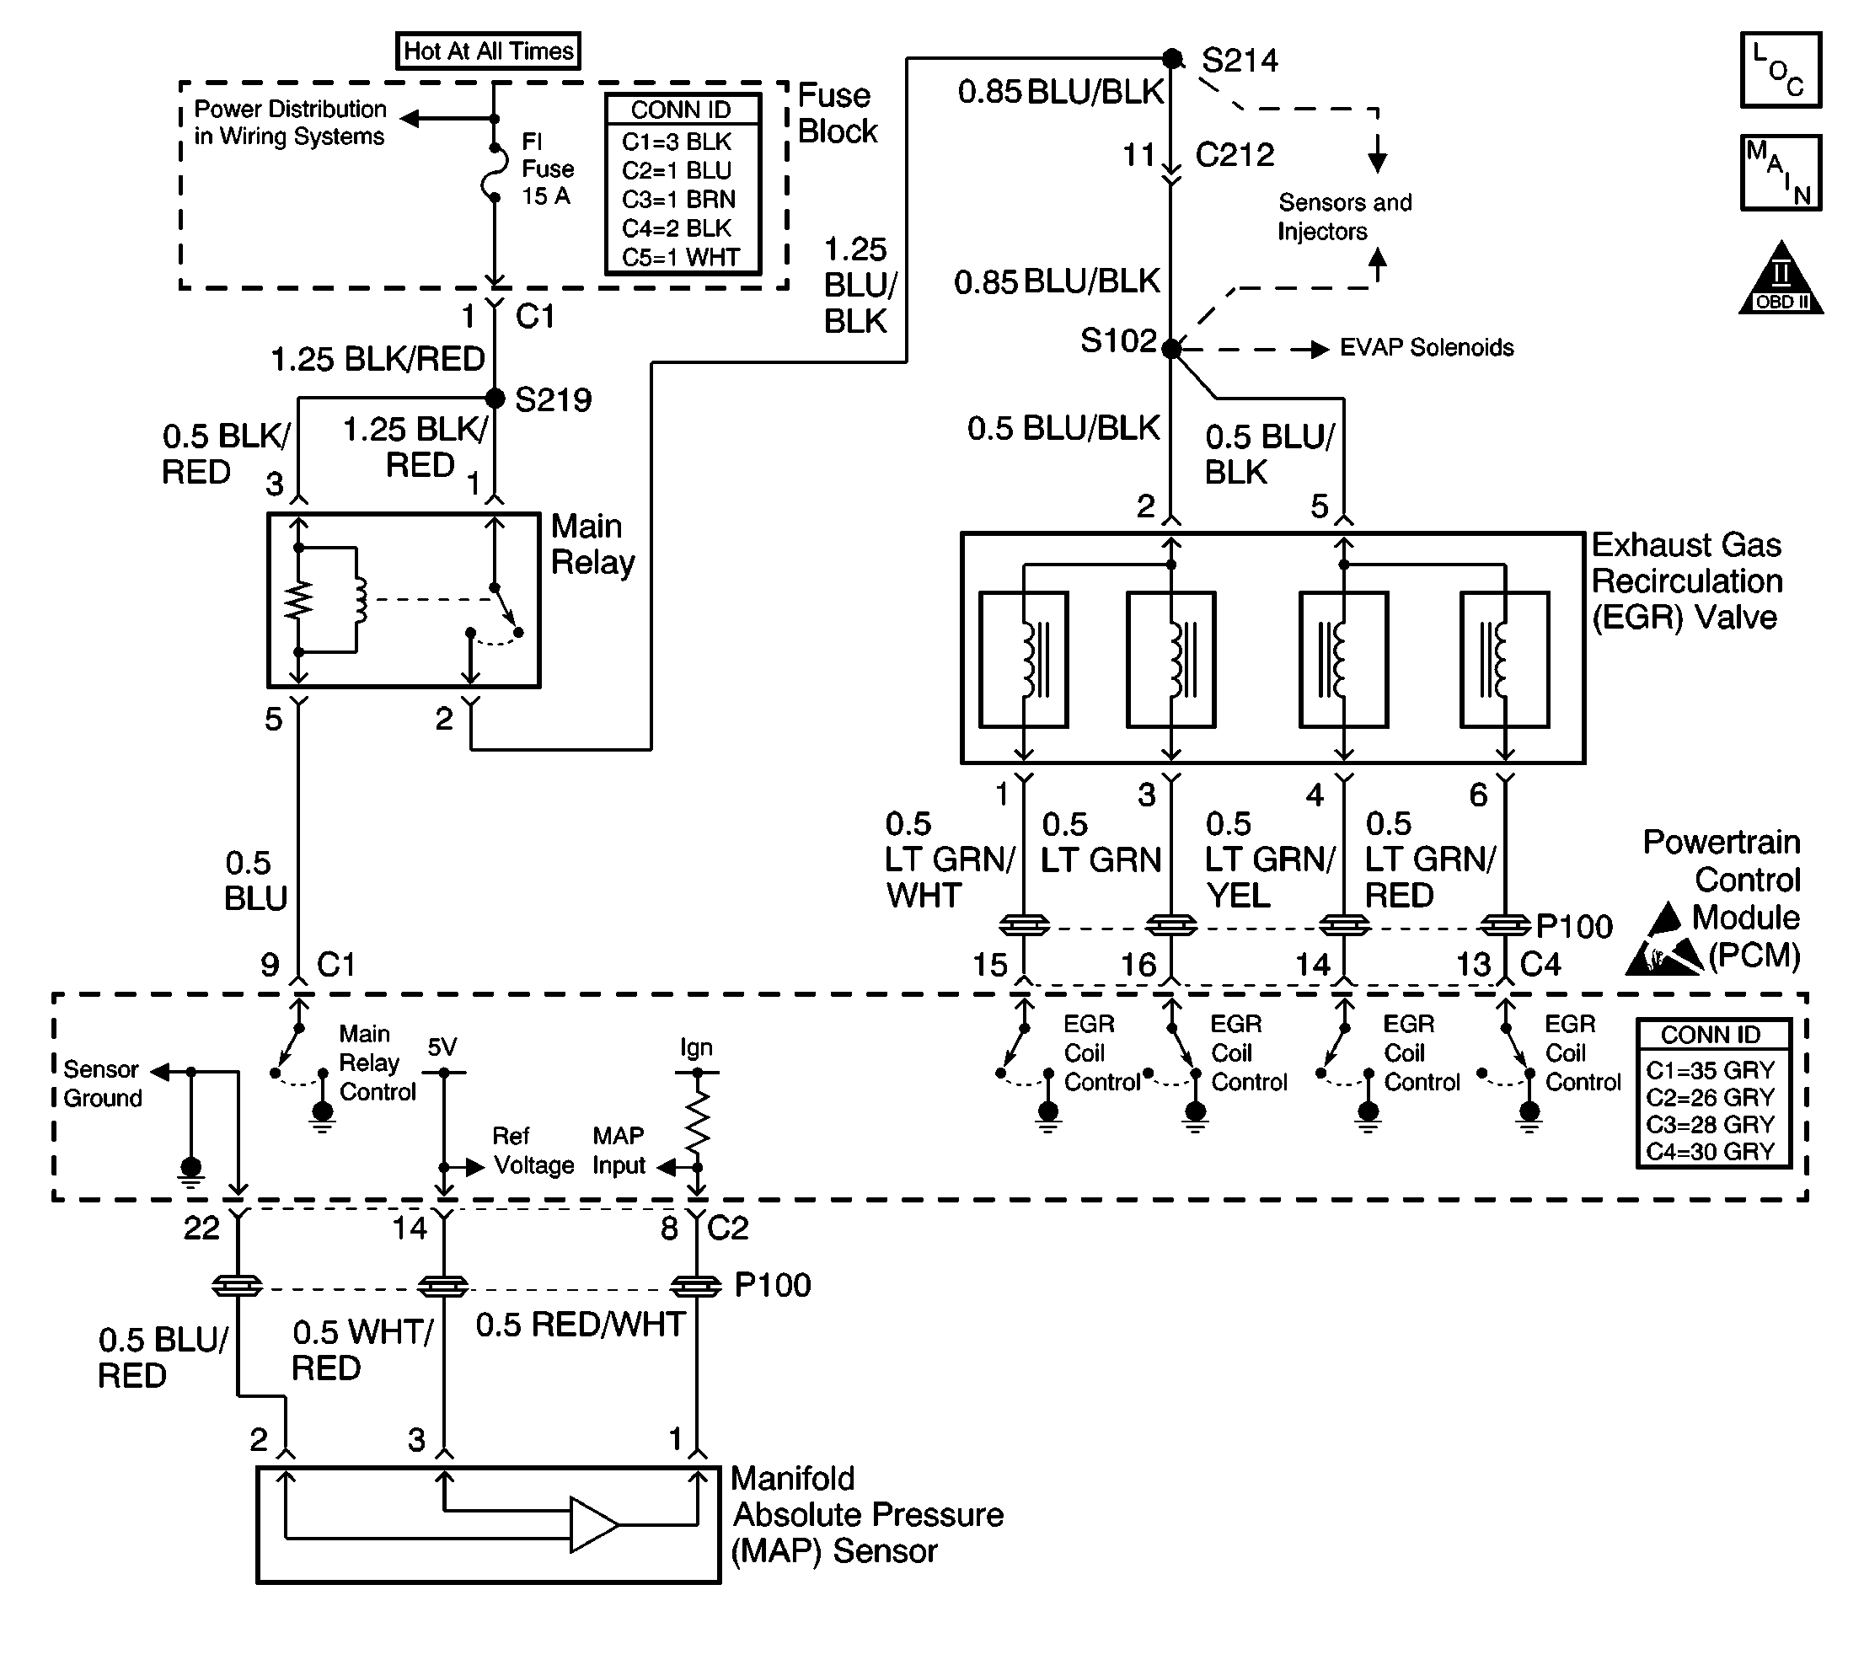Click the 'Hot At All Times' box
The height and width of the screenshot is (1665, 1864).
point(488,51)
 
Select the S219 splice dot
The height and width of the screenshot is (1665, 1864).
point(494,398)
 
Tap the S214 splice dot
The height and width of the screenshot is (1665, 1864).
point(1172,58)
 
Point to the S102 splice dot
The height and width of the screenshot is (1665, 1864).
point(1171,349)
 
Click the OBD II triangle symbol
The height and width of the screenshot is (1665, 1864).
point(1781,279)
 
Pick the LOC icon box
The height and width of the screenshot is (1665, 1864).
point(1781,71)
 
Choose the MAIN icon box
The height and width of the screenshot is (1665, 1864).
point(1781,173)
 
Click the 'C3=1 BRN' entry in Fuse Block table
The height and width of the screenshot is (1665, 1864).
point(678,200)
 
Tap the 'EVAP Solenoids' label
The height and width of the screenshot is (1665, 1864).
point(1427,348)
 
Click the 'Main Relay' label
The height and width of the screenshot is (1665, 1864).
point(592,544)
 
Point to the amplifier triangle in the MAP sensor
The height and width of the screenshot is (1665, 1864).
point(594,1525)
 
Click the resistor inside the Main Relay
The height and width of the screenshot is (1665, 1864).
point(298,600)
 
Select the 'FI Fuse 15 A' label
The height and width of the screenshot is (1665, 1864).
point(547,169)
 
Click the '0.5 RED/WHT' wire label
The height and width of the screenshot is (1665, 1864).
point(580,1324)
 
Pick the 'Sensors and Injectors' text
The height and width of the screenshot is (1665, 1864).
point(1344,217)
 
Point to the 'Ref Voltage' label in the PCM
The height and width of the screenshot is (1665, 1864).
point(533,1150)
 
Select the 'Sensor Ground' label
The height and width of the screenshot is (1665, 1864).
point(103,1083)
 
